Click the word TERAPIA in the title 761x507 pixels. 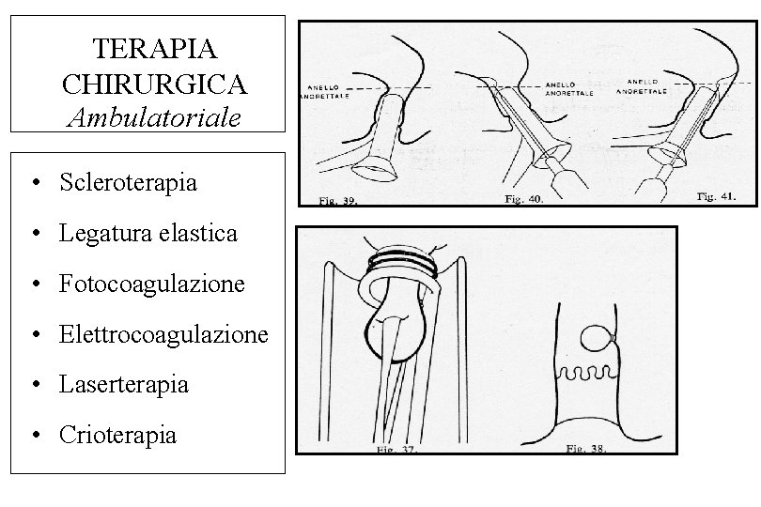[x=155, y=46]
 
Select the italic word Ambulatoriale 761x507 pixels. [x=155, y=116]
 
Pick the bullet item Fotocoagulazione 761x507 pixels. [x=151, y=283]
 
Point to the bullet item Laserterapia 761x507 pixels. [x=123, y=384]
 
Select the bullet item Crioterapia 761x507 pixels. [x=116, y=435]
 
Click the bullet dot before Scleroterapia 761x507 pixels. [x=34, y=182]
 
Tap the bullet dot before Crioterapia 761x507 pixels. [x=34, y=436]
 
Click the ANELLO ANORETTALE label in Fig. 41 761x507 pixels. [x=643, y=86]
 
